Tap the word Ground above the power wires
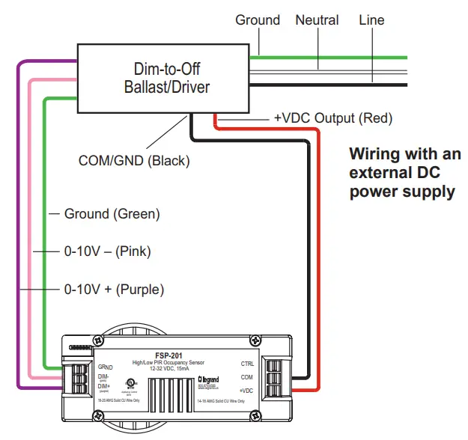coord(258,20)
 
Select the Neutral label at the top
coord(317,20)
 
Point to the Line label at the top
coord(371,20)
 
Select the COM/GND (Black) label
coord(134,160)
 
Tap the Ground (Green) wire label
coord(112,214)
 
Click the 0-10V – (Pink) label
coord(107,251)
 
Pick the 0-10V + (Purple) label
coord(114,289)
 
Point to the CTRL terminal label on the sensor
coord(248,364)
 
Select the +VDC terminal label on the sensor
coord(247,391)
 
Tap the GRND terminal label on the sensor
coord(105,367)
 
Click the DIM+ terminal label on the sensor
coord(104,385)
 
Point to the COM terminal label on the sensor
coord(248,378)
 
